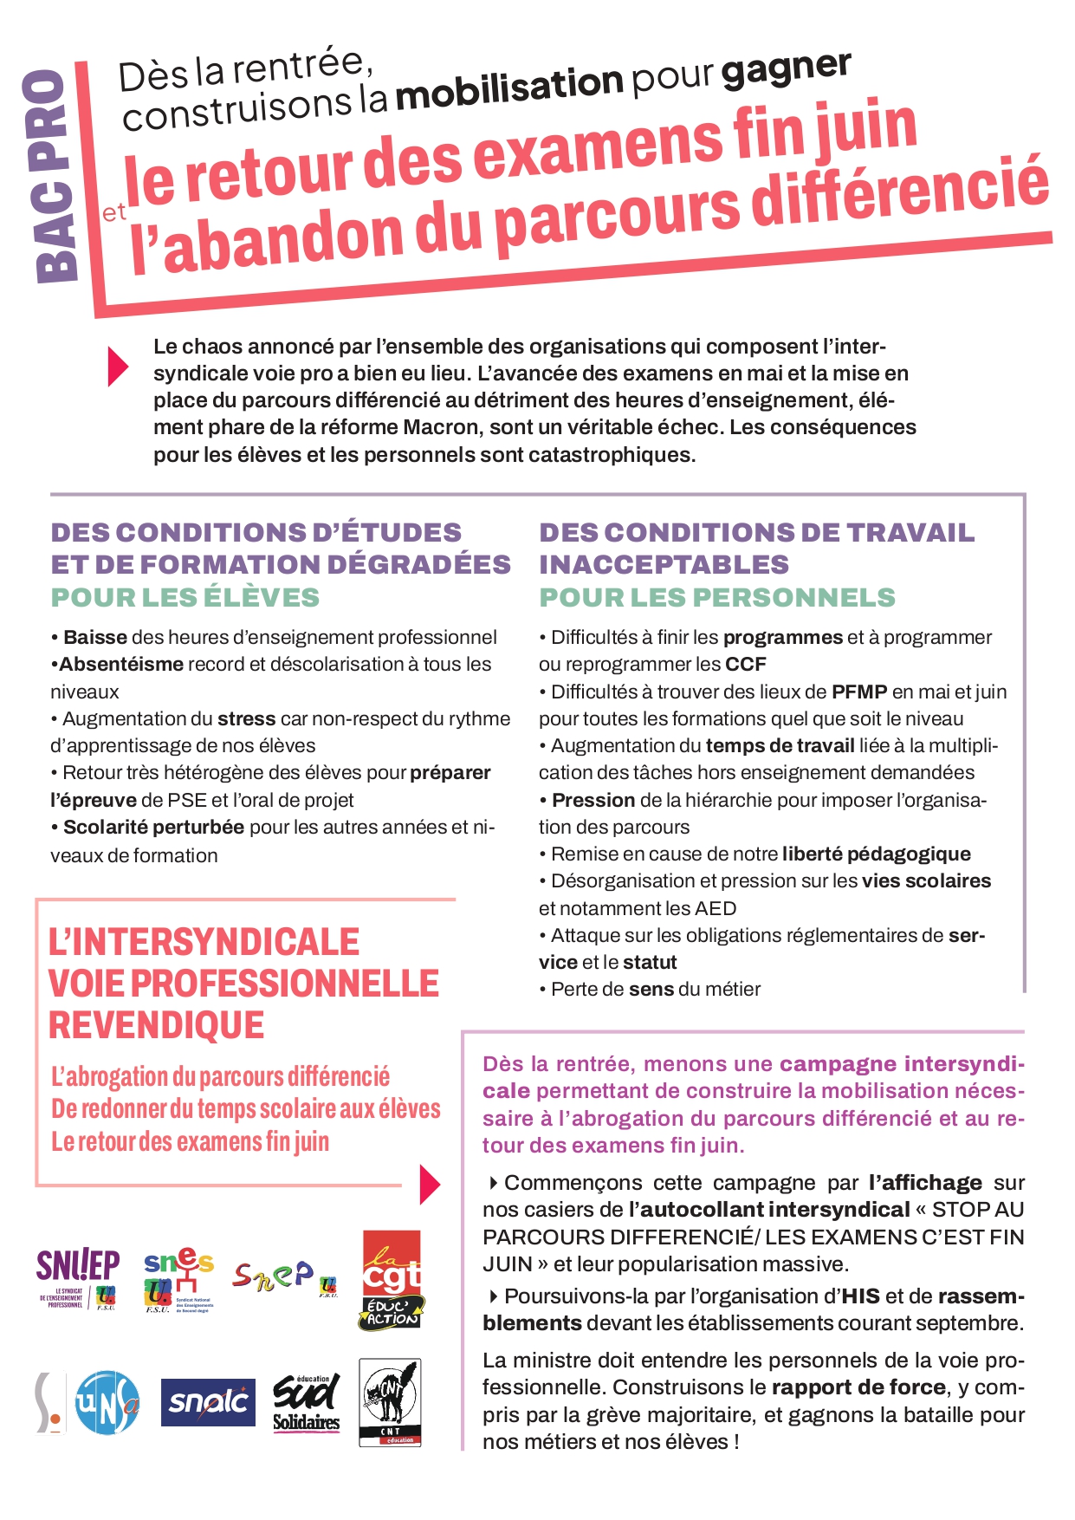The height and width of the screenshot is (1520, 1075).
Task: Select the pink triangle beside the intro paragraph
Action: click(x=118, y=367)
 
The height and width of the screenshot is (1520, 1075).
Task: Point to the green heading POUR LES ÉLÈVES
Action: click(x=185, y=597)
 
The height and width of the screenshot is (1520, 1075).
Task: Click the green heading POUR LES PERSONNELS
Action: click(x=717, y=597)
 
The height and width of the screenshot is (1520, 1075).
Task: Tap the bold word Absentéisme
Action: click(x=121, y=665)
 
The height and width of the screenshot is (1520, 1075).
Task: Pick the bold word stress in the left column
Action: click(x=246, y=718)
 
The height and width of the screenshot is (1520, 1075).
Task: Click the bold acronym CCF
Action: click(x=746, y=665)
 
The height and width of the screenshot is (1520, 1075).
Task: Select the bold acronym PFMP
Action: click(x=859, y=692)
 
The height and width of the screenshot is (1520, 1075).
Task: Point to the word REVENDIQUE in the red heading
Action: click(x=157, y=1025)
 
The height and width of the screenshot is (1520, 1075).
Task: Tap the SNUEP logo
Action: click(x=78, y=1277)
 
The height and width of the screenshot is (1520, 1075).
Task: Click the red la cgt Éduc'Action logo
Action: click(x=392, y=1280)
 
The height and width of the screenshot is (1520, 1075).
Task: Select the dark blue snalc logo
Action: click(x=208, y=1401)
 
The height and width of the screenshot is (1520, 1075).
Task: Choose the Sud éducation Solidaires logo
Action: click(x=307, y=1401)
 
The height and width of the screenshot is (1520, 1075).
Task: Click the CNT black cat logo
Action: click(x=390, y=1402)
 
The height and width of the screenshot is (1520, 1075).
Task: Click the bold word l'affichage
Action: click(x=925, y=1183)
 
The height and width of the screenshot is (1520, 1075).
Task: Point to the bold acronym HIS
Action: click(x=860, y=1296)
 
